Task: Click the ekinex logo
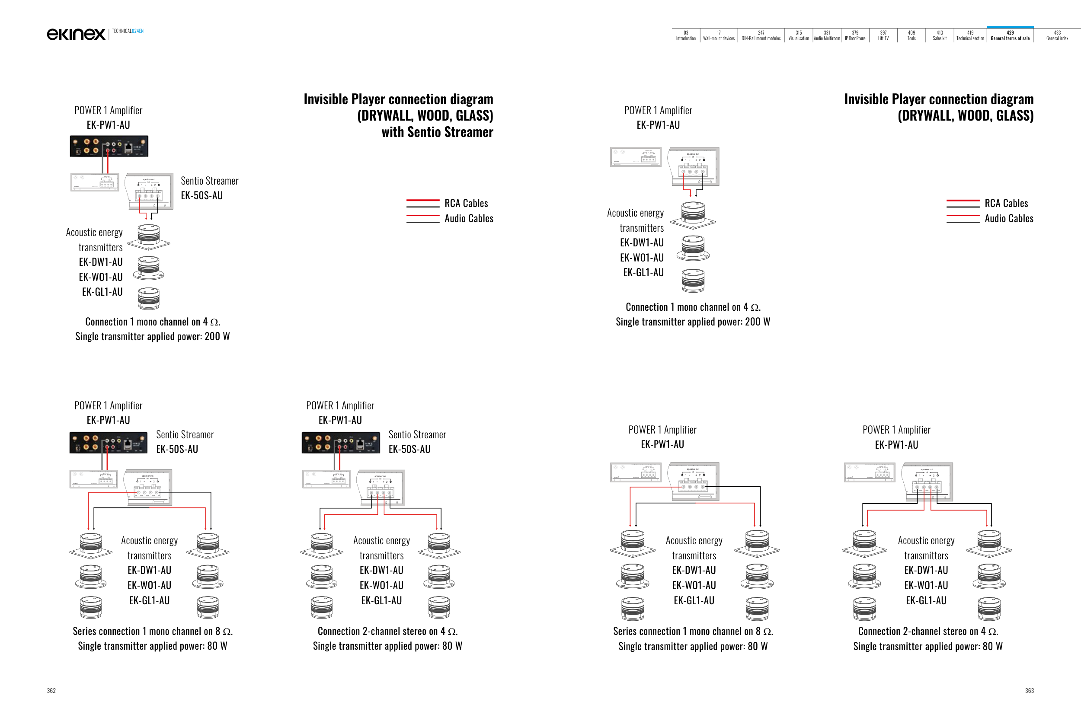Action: coord(76,34)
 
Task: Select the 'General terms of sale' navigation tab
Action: coord(1010,35)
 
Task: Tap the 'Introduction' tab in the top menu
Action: coord(685,35)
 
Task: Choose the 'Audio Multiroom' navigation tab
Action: coord(827,35)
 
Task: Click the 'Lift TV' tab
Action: coord(883,35)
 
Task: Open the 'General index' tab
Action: coord(1057,35)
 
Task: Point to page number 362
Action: coord(51,690)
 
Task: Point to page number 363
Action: coord(1029,690)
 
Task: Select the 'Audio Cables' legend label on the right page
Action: coord(1009,218)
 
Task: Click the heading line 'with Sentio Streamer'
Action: coord(437,132)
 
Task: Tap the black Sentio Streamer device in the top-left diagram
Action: coord(109,146)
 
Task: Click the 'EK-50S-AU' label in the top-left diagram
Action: coord(201,196)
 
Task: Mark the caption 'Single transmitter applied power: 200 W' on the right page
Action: coord(693,322)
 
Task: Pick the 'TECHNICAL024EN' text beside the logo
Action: coord(128,31)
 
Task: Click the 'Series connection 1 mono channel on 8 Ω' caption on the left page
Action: coord(153,631)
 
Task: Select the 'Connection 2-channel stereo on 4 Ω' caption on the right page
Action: coord(927,631)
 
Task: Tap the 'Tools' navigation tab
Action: coord(911,35)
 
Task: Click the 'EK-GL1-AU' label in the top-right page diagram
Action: coord(643,272)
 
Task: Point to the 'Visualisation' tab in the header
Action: coord(799,35)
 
